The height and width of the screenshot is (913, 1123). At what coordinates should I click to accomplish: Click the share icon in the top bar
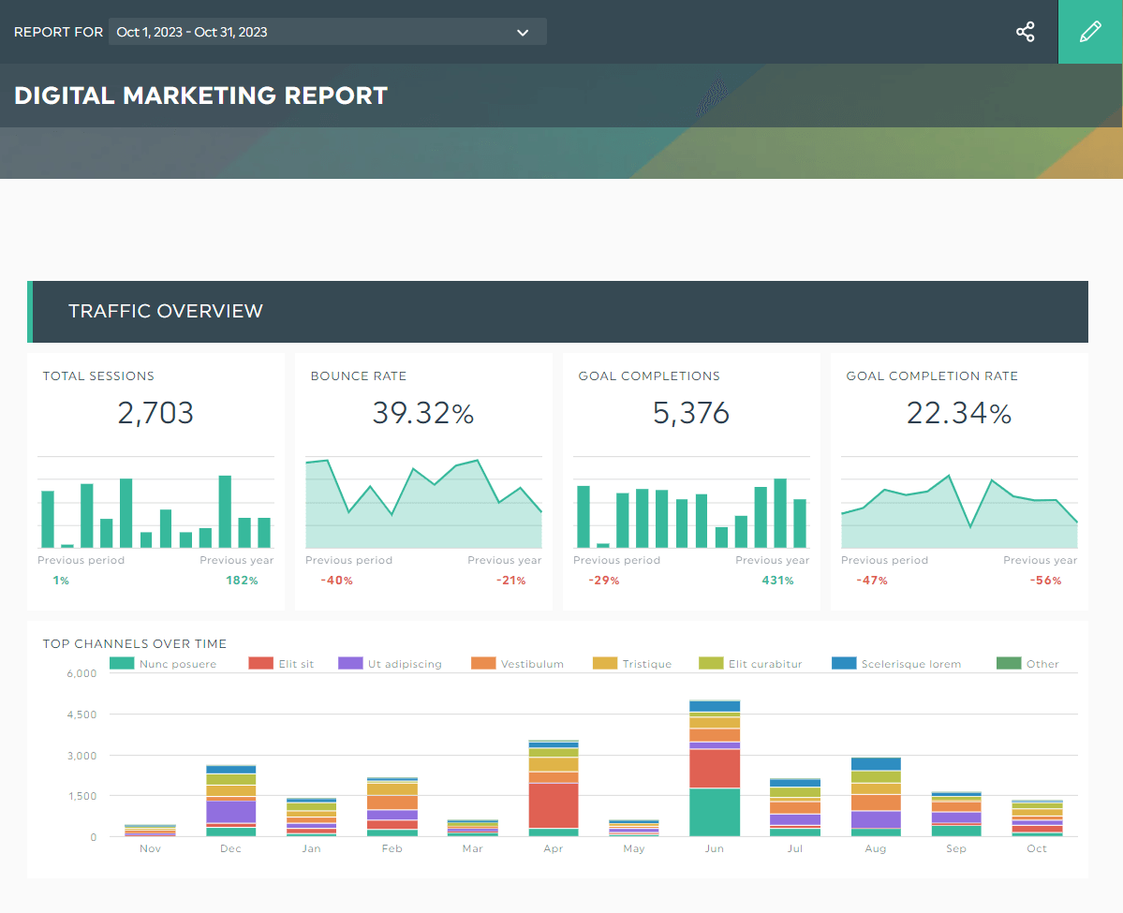[1026, 32]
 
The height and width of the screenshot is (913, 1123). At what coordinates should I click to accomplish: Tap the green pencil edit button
[1090, 32]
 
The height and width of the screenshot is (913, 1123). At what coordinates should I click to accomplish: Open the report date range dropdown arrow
[523, 33]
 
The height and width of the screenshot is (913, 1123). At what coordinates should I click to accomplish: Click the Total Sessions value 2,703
[155, 413]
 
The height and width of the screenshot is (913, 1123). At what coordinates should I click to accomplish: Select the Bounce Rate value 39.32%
[423, 413]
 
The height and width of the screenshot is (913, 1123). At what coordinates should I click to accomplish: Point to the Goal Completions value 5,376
[691, 413]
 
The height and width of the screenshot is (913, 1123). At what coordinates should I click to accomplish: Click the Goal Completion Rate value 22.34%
[959, 413]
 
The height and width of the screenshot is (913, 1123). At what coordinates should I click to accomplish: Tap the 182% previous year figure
[242, 581]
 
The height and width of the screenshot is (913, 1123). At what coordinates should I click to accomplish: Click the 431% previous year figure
[777, 581]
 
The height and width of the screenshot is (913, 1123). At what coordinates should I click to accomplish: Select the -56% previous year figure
[1045, 581]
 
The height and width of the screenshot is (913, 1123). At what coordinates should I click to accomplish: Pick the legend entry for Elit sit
[282, 664]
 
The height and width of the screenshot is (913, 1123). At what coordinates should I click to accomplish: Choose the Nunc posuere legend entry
[164, 664]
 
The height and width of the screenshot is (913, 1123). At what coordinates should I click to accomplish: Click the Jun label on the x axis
[714, 848]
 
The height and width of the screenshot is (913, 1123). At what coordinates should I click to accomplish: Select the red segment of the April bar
[553, 805]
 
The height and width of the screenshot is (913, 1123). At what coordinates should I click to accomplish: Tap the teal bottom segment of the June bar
[714, 812]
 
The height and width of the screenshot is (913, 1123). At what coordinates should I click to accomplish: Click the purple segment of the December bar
[230, 811]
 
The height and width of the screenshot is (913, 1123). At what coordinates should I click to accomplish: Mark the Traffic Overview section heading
[166, 311]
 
